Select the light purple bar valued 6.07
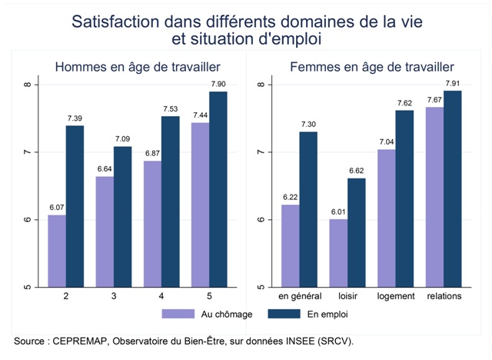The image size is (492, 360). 57,251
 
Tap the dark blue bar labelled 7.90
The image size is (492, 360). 219,189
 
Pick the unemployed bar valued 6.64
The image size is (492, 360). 105,232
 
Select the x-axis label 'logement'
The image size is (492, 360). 396,296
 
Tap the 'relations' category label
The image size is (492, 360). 444,296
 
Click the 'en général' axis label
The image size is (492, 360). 298,296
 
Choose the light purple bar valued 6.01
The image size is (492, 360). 338,253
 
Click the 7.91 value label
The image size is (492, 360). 453,84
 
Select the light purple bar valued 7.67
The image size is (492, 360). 434,197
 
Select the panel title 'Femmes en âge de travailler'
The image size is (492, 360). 371,68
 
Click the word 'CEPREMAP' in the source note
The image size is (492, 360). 82,340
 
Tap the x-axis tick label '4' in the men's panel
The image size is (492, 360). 161,296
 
